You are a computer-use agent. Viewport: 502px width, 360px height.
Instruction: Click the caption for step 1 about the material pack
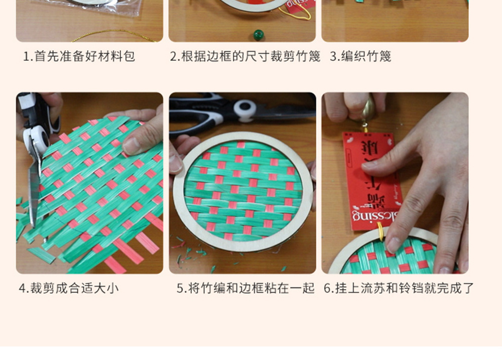79,56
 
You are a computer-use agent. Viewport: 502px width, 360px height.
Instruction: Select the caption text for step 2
245,56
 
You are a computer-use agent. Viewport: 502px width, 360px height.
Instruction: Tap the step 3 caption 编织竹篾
360,56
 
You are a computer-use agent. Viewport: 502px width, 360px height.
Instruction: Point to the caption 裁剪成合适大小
69,288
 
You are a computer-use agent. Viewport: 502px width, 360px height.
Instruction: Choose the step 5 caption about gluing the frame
245,288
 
